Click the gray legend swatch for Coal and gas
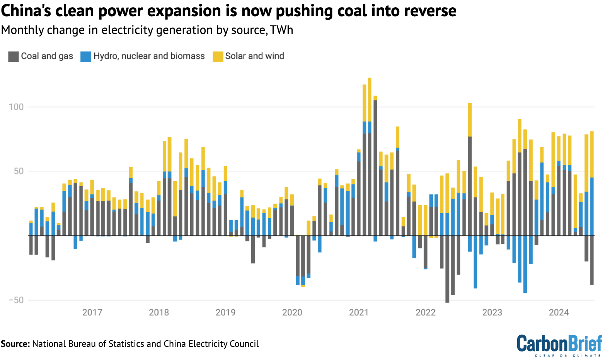(13, 56)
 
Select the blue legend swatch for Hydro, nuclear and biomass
(85, 56)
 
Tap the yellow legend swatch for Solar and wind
(218, 56)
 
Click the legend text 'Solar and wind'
(254, 56)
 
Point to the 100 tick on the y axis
(16, 107)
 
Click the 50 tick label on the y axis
(19, 171)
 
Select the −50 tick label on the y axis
(16, 300)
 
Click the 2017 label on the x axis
(92, 312)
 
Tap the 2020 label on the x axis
(292, 312)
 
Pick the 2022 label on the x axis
(425, 312)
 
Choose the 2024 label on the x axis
(559, 312)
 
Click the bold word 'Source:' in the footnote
(15, 344)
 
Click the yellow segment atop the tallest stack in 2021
(370, 100)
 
